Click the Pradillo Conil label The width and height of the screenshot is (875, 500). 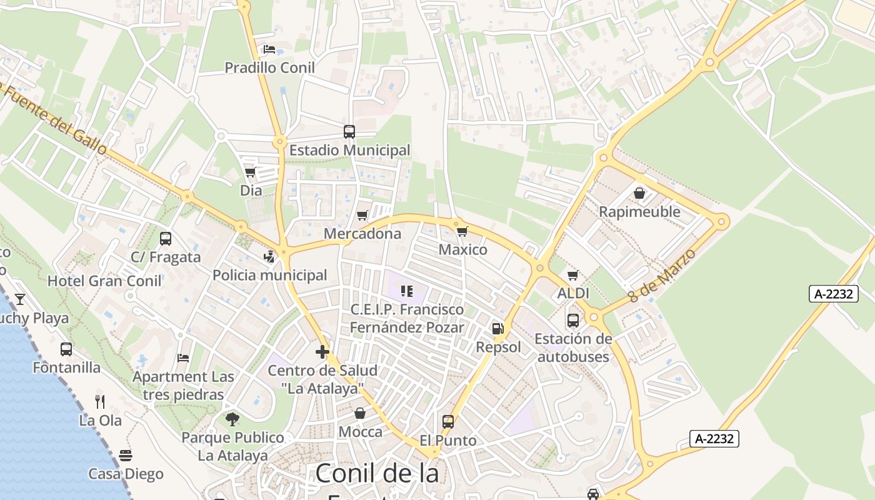pos(269,67)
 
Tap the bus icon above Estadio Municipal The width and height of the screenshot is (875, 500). pos(349,132)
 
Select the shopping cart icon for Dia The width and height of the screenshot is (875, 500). pos(251,172)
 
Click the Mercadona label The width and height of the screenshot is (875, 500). pos(362,234)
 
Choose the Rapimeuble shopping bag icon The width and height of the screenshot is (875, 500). pos(639,193)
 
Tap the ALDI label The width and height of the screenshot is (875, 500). pos(573,293)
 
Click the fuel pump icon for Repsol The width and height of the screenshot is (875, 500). pos(498,329)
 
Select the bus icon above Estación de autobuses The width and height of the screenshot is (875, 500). pos(573,321)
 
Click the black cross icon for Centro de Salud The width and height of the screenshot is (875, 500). pos(322,352)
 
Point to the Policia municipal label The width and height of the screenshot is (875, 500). pos(269,275)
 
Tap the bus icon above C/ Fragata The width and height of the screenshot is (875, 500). pos(166,239)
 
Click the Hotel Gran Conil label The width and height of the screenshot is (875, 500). pos(104,281)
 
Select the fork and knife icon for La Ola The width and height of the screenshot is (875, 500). pos(100,401)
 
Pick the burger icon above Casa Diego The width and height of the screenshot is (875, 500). pos(126,455)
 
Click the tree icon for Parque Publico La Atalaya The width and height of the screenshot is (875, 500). pos(232,419)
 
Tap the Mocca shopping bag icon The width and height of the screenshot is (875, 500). pos(360,413)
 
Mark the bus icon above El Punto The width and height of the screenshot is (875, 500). pos(448,422)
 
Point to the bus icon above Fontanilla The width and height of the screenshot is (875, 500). pos(66,349)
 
